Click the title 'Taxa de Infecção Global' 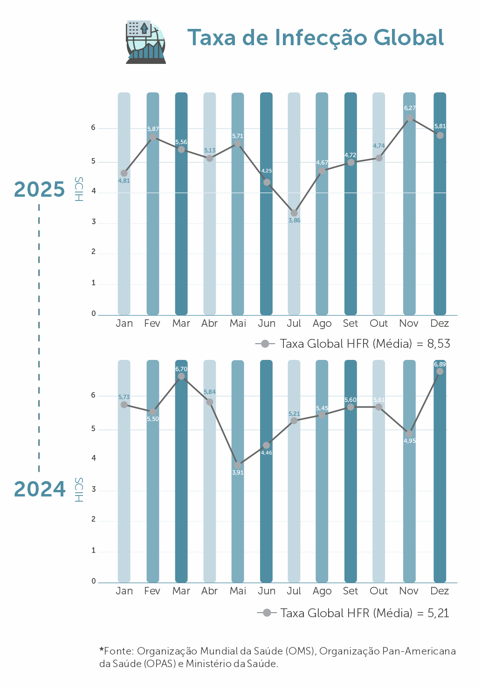coord(316,38)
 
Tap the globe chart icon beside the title coord(146,42)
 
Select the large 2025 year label coord(40,189)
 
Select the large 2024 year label coord(40,489)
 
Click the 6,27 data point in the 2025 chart coord(410,118)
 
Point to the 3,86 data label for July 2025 coord(294,220)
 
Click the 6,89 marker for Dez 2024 coord(440,372)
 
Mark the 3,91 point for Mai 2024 coord(238,465)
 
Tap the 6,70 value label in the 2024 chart coord(181,369)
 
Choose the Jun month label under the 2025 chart coord(267,324)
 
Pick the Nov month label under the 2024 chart coord(409,591)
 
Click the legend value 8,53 coord(439,344)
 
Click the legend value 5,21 coord(438,613)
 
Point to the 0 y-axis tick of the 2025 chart coord(94,314)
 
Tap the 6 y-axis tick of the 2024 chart coord(94,395)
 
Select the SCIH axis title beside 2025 coord(79,189)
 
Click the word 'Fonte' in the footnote coord(118,651)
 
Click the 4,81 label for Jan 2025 coord(124,181)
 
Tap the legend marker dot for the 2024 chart coord(267,613)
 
